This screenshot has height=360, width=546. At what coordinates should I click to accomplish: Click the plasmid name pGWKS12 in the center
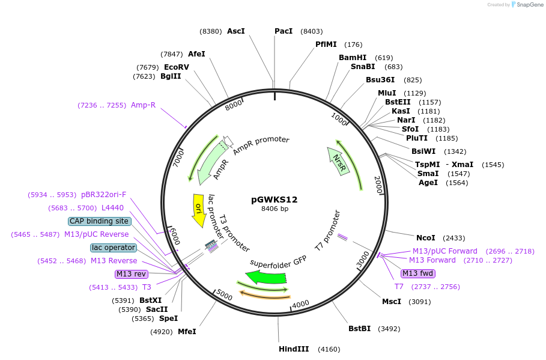tap(274, 200)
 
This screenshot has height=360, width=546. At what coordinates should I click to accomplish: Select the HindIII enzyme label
tap(294, 349)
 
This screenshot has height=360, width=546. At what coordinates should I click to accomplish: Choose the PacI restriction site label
tap(284, 31)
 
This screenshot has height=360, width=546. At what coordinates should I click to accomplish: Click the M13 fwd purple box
tap(417, 273)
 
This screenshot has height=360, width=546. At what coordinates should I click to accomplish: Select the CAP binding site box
tap(99, 221)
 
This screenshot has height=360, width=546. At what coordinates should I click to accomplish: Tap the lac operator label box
tap(114, 248)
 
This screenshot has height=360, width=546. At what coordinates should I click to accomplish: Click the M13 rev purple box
tap(131, 274)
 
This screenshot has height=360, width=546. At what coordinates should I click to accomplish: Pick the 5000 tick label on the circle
tap(224, 294)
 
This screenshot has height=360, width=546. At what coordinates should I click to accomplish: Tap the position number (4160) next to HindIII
tap(329, 349)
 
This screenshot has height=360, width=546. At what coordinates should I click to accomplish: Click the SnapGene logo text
tap(529, 4)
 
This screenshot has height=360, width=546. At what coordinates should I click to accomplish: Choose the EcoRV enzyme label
tap(177, 67)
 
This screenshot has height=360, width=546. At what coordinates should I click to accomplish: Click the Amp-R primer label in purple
tap(143, 105)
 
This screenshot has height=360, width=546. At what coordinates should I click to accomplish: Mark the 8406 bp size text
tap(274, 209)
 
